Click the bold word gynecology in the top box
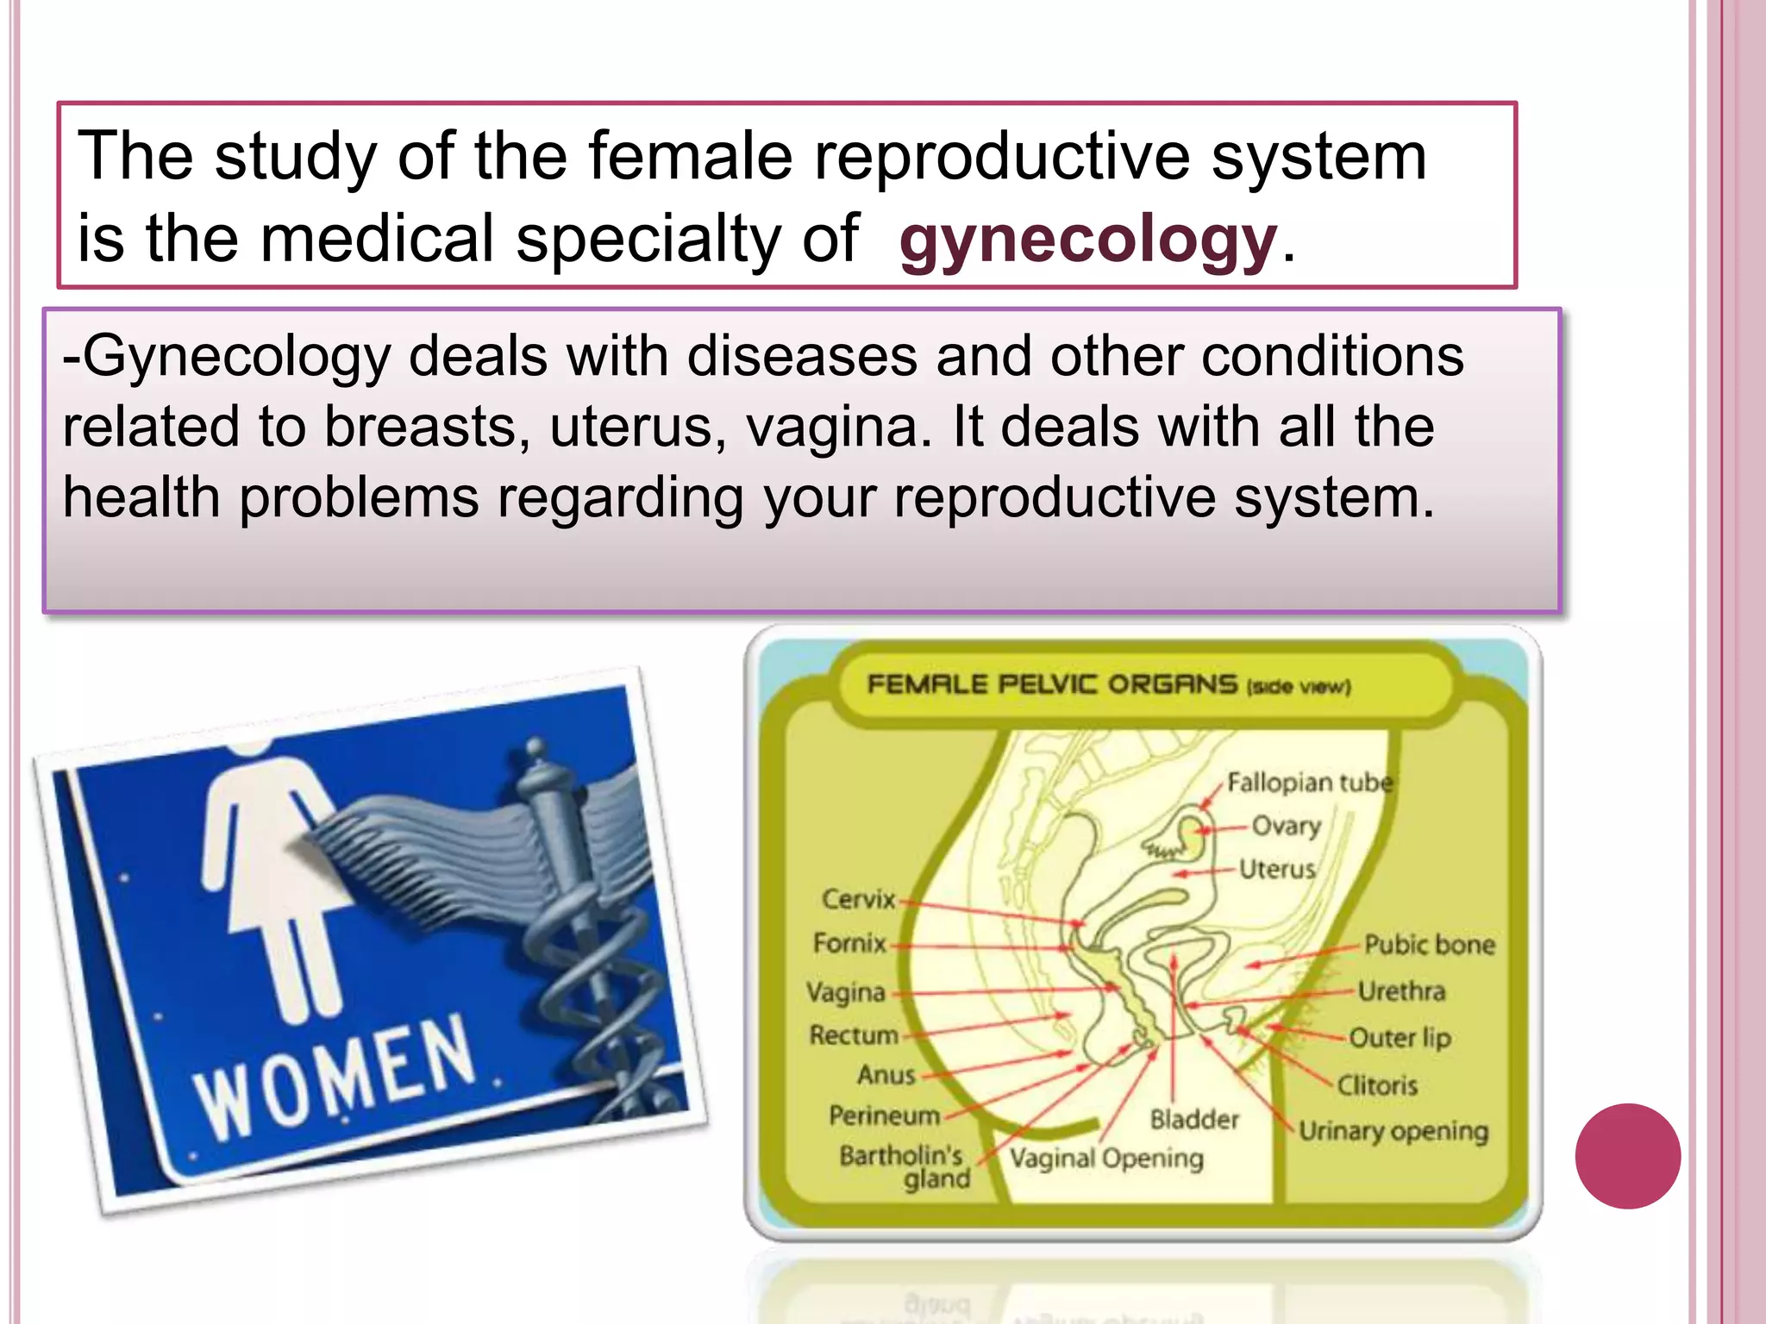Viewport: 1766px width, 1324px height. coord(1087,240)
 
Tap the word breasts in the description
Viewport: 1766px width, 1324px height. coord(426,428)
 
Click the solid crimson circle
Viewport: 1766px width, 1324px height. coord(1627,1156)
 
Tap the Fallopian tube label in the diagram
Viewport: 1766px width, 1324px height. coord(1309,783)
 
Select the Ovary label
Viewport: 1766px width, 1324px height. coord(1286,826)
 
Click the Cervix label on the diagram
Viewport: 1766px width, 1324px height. coord(858,899)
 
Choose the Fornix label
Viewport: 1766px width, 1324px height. coord(849,943)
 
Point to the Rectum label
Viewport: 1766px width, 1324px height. coord(853,1034)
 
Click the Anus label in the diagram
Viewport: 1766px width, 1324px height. coord(886,1075)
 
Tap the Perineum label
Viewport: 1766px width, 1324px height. coord(884,1115)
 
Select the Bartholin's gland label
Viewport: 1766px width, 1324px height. coord(904,1166)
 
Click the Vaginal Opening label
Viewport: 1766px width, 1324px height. coord(1106,1158)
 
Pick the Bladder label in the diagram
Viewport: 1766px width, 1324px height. coord(1194,1120)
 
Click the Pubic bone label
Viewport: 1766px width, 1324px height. coord(1429,945)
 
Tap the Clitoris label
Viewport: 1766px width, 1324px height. coord(1377,1084)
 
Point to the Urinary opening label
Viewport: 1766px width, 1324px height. coord(1393,1130)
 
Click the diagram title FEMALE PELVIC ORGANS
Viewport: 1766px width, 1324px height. coord(1052,684)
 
